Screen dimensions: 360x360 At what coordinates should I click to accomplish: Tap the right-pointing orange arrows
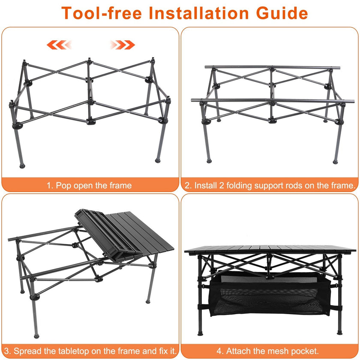pyautogui.click(x=123, y=44)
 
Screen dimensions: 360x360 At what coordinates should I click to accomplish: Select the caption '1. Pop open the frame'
pyautogui.click(x=89, y=186)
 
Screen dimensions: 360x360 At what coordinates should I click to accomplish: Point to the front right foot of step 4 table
pyautogui.click(x=339, y=332)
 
